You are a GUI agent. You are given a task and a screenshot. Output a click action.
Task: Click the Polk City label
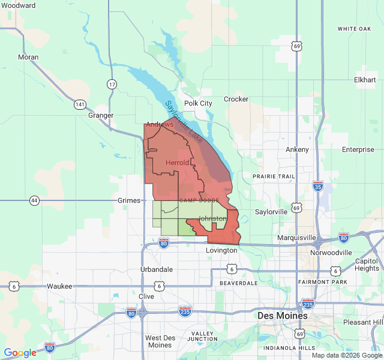tap(198, 103)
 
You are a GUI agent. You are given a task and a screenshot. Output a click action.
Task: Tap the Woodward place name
tap(18, 5)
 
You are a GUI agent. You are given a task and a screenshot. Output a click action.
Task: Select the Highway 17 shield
tap(112, 84)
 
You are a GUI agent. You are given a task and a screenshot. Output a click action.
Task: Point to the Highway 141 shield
tap(80, 104)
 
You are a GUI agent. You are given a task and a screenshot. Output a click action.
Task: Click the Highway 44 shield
tap(34, 200)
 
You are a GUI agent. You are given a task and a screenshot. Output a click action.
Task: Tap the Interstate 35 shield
tap(317, 187)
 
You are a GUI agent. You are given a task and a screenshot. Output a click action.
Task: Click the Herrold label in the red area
tap(178, 163)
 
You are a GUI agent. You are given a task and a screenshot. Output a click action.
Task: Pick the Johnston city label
tap(212, 218)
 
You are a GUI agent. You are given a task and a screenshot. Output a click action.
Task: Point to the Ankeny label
tap(297, 149)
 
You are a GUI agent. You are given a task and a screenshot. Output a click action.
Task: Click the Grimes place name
tap(129, 200)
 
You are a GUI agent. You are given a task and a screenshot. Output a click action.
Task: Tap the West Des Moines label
tap(159, 341)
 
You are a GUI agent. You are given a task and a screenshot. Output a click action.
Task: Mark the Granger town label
tap(101, 115)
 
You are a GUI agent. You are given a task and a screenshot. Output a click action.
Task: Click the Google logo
tap(20, 353)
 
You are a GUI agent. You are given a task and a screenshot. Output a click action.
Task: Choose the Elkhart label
tap(365, 80)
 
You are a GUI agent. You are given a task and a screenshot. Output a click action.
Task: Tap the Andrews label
tap(160, 124)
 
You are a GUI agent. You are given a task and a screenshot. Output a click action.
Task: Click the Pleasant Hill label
tap(362, 322)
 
